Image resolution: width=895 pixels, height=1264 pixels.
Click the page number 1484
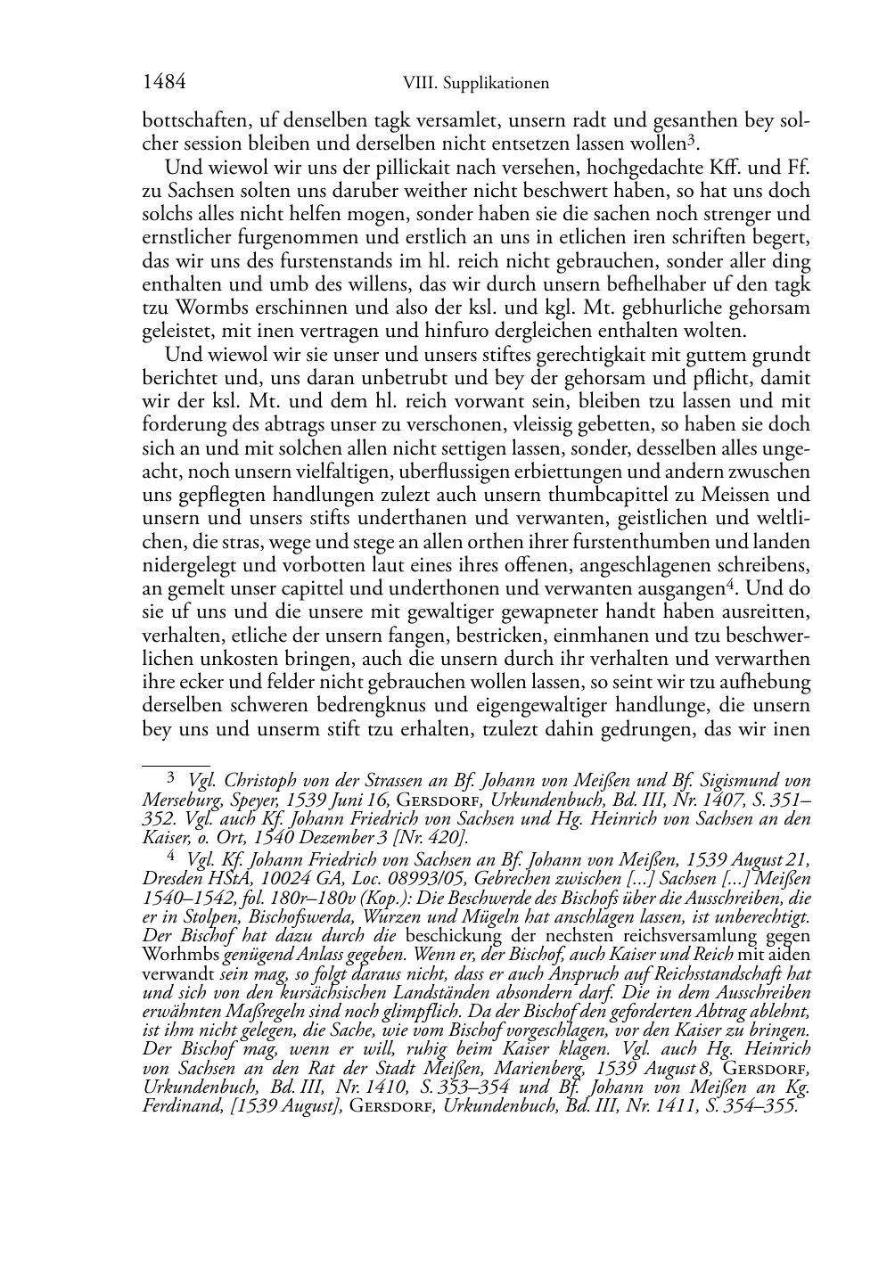click(164, 83)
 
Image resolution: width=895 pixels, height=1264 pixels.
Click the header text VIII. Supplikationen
click(476, 84)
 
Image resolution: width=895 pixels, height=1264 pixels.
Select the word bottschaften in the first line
click(185, 120)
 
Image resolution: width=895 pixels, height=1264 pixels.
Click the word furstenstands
click(313, 261)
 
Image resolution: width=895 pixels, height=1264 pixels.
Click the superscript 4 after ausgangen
click(725, 585)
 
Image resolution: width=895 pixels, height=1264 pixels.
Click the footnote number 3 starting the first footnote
click(172, 778)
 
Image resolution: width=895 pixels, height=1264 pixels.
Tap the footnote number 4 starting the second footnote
click(172, 857)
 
